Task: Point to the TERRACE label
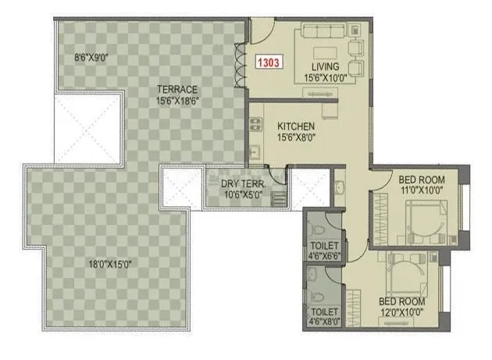[176, 89]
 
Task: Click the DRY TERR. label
[244, 184]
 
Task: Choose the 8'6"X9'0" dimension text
[91, 57]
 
